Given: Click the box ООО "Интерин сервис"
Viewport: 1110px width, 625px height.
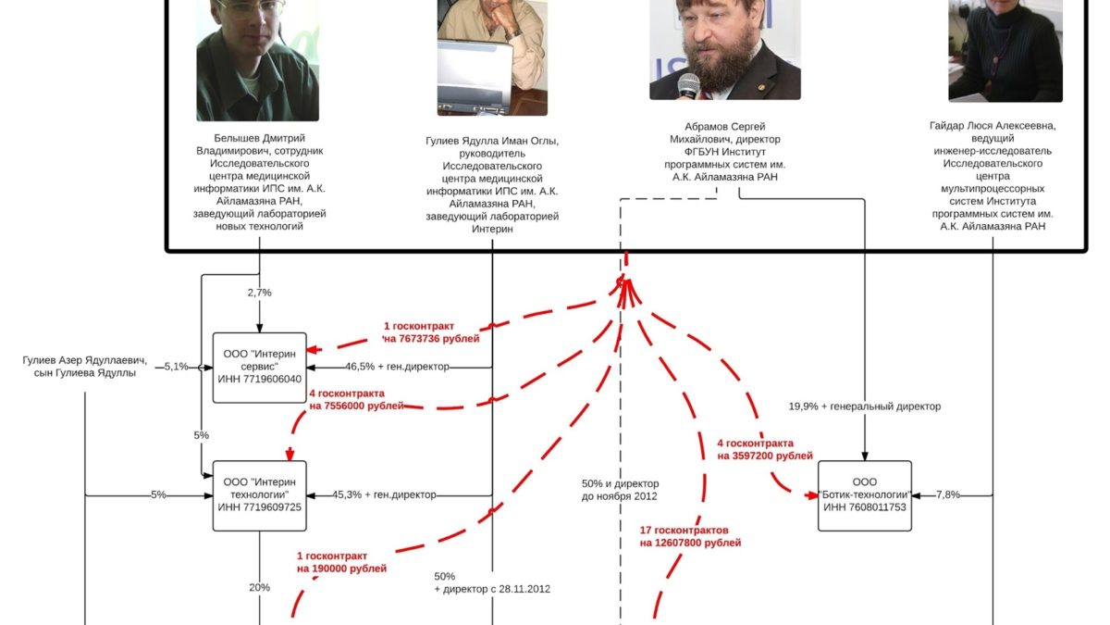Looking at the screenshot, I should click(259, 367).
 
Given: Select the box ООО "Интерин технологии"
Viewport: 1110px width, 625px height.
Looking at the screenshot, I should click(259, 494).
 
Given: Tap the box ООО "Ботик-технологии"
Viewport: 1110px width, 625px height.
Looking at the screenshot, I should click(865, 494).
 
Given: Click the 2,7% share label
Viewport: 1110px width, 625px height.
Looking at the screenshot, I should click(259, 293).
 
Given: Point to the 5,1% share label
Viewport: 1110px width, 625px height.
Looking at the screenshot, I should click(176, 367).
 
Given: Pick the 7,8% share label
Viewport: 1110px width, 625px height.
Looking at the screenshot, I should click(948, 494).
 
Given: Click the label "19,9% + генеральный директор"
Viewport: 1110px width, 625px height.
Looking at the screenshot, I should click(865, 406).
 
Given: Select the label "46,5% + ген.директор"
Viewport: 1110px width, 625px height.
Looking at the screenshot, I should click(397, 367).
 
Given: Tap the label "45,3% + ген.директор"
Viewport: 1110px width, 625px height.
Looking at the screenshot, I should click(397, 494).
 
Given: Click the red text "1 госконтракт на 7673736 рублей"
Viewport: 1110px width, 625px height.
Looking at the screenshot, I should click(432, 332).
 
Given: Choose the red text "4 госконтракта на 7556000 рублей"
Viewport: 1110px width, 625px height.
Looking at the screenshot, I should click(356, 399).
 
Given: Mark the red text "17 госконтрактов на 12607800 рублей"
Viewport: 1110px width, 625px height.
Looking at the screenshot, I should click(690, 536).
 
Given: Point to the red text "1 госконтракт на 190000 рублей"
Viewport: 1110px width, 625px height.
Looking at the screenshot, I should click(341, 562).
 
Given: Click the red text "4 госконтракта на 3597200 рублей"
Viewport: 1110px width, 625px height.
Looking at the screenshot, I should click(764, 449).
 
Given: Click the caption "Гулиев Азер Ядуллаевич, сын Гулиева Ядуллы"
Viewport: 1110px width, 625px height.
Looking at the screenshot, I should click(85, 366).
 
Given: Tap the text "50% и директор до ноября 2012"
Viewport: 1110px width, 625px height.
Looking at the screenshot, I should click(620, 490).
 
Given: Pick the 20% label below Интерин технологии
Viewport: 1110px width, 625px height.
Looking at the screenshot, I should click(259, 587).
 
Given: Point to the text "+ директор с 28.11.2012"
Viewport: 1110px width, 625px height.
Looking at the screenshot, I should click(492, 589).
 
